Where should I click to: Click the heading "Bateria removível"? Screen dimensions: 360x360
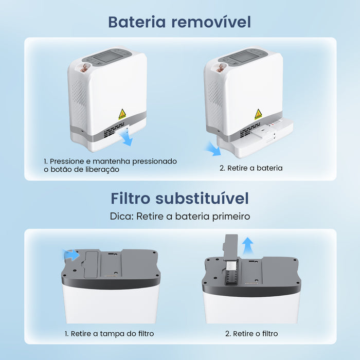[179, 22]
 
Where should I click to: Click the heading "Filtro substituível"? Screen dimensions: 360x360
[179, 198]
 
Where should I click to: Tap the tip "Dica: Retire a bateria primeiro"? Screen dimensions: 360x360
[179, 216]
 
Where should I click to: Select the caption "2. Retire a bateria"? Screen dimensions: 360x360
[251, 168]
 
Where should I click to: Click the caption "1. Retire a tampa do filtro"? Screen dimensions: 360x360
[109, 334]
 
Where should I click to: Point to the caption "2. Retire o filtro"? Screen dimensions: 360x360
[251, 334]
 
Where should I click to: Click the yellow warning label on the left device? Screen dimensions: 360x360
[122, 114]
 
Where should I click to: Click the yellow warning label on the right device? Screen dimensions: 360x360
[258, 114]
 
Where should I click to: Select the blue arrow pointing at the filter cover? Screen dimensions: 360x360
[71, 254]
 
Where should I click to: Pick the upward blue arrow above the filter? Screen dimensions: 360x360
[248, 244]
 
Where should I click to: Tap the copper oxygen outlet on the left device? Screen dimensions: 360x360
[86, 66]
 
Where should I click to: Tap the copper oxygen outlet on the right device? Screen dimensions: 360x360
[221, 67]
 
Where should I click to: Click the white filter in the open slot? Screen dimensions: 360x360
[231, 266]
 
